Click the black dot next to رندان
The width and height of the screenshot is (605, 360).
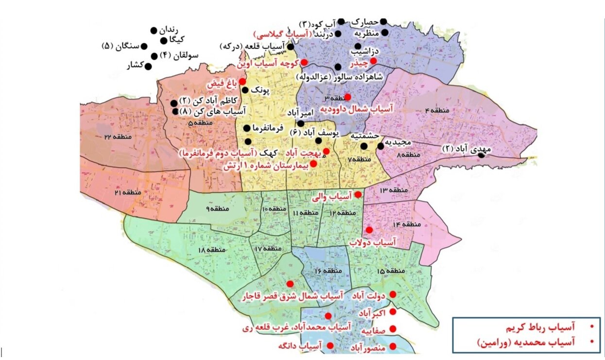[154, 30]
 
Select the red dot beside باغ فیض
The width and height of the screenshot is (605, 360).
[242, 82]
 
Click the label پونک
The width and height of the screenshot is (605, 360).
[259, 91]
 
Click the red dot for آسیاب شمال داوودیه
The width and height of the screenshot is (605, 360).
[348, 97]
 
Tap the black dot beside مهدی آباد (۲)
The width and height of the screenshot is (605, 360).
[481, 155]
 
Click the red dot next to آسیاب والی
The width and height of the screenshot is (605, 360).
[358, 195]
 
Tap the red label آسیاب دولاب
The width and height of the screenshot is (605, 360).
[373, 241]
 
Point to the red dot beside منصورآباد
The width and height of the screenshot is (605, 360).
[393, 346]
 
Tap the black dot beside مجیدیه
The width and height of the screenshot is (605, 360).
[380, 146]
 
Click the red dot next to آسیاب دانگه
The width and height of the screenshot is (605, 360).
[330, 345]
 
